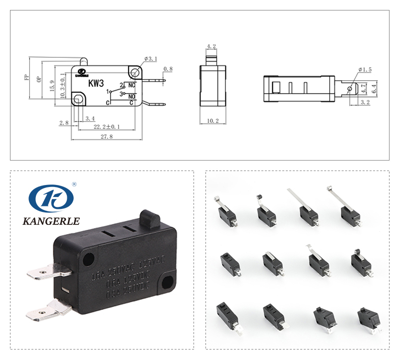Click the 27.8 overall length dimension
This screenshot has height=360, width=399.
click(x=106, y=137)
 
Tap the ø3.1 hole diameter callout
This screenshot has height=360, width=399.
click(x=151, y=59)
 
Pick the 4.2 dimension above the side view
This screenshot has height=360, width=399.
click(x=211, y=46)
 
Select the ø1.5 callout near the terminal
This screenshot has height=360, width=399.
click(x=365, y=69)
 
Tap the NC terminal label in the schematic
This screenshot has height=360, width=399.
click(x=132, y=86)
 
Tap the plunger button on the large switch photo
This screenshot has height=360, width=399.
click(x=151, y=219)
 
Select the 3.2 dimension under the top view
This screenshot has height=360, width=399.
click(x=364, y=102)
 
